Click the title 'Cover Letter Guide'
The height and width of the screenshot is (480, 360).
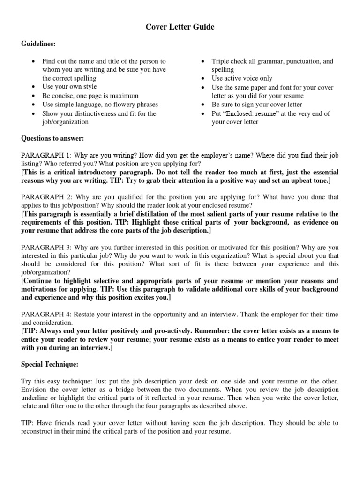(x=180, y=27)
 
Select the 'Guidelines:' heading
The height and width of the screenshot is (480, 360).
(x=38, y=44)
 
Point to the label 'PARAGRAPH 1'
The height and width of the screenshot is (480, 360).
(x=45, y=155)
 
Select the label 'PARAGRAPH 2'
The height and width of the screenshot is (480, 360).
(x=45, y=197)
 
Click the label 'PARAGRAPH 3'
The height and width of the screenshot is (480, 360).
(x=45, y=247)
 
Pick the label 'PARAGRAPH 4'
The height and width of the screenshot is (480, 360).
(x=45, y=314)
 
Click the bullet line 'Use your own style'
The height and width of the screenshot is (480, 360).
(x=69, y=87)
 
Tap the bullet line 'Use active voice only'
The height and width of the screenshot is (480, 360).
(x=242, y=78)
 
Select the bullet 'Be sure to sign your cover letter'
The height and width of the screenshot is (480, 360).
(x=257, y=105)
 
